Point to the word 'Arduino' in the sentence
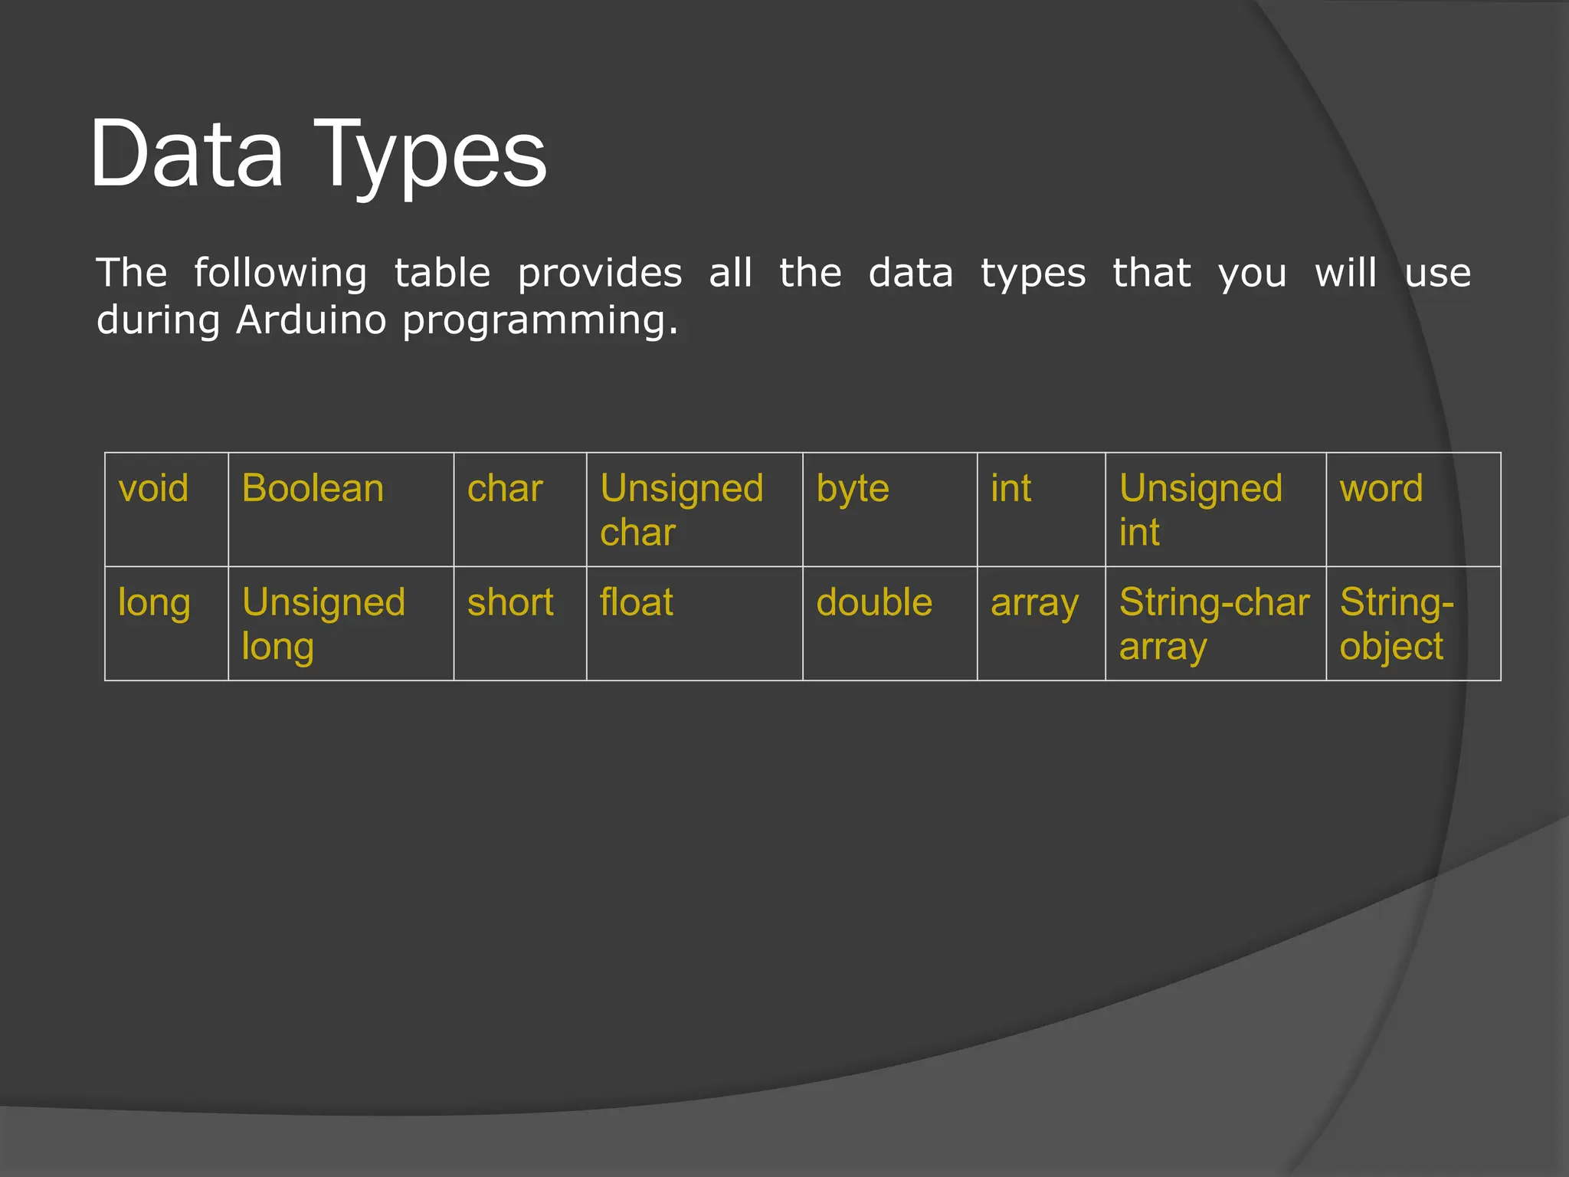click(311, 320)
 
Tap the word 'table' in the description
click(442, 273)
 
